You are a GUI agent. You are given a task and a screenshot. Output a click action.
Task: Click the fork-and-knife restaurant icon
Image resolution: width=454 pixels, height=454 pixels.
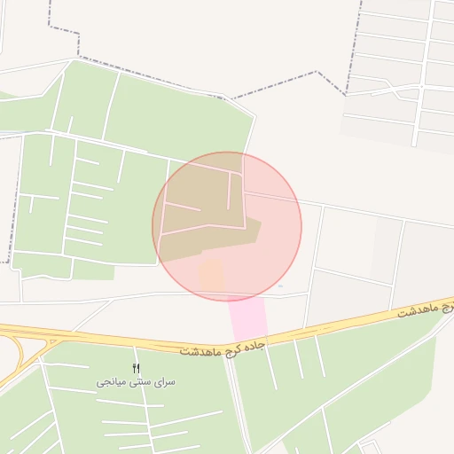136,367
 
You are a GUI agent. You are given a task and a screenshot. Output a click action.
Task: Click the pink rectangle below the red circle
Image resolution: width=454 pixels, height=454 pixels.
248,317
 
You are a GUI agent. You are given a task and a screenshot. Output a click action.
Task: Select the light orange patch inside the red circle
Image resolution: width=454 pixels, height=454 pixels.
211,274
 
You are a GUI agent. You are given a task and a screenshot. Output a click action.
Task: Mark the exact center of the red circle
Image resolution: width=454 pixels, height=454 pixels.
227,226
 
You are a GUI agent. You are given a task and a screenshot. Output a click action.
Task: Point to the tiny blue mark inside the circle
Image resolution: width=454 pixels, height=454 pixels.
280,286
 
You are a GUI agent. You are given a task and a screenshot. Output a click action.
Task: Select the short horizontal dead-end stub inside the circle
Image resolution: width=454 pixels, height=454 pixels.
182,207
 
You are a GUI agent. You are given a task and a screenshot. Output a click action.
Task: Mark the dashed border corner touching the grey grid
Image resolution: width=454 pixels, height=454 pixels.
345,93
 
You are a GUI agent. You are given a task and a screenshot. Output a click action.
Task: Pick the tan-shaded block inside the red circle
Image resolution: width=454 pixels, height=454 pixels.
204,226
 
